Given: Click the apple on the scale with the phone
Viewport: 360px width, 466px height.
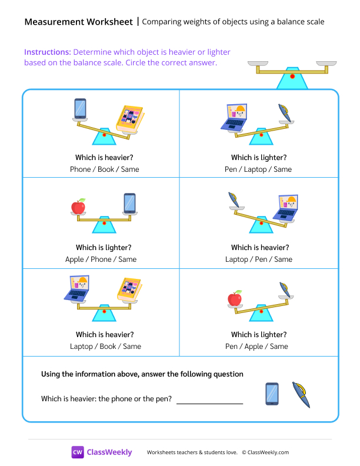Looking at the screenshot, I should (78, 206).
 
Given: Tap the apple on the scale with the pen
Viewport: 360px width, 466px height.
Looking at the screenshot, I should (235, 298).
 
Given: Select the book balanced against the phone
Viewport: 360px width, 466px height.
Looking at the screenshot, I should (129, 119).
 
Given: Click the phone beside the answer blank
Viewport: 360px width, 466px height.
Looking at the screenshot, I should (272, 394).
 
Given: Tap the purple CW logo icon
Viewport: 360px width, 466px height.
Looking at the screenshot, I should (78, 452).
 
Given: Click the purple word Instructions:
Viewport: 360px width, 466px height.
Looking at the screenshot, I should (47, 52).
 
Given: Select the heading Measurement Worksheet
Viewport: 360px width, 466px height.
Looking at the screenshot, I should (79, 22).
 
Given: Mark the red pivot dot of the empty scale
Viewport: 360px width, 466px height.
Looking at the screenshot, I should (292, 76).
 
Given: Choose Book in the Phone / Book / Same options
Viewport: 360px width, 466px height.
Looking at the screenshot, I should (106, 169).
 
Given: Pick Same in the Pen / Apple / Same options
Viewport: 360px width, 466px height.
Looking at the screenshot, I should (278, 347).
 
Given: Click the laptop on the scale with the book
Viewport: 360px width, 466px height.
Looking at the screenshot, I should (77, 290).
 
